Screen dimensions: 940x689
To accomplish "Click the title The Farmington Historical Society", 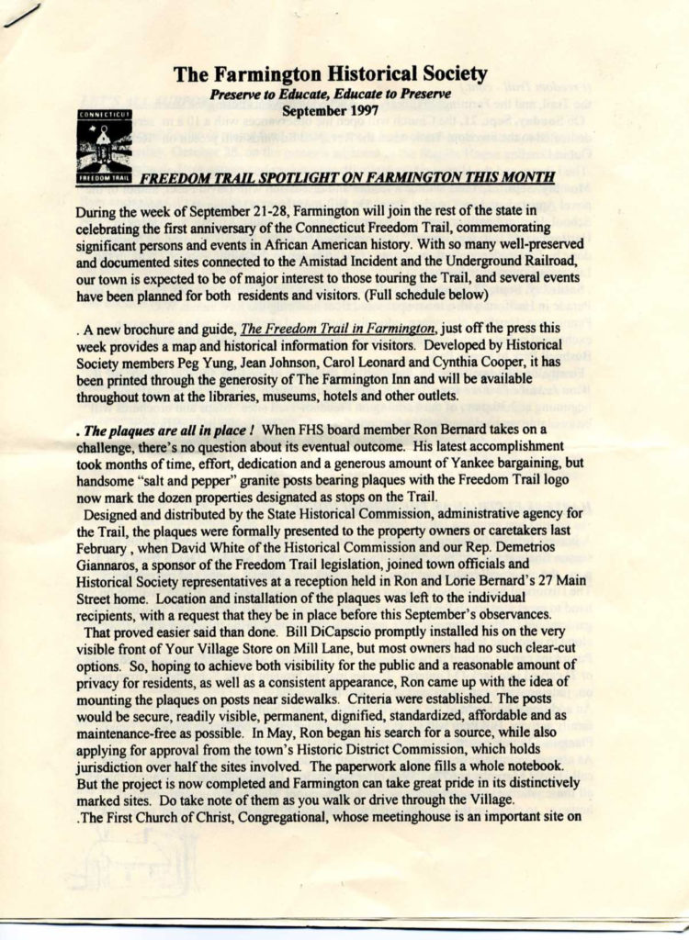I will click(x=330, y=74).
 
